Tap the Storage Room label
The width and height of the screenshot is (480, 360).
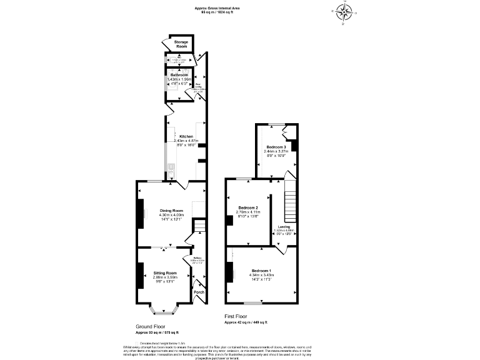(x=181, y=44)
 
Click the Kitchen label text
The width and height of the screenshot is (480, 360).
(x=186, y=136)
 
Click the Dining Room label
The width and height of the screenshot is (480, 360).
(x=171, y=211)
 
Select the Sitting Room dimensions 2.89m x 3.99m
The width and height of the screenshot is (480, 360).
(x=166, y=277)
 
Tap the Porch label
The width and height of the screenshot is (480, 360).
(x=199, y=292)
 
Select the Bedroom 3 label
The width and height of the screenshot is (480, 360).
(x=276, y=147)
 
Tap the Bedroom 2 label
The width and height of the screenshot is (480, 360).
(x=248, y=207)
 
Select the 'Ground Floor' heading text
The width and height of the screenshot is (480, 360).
(x=151, y=327)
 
